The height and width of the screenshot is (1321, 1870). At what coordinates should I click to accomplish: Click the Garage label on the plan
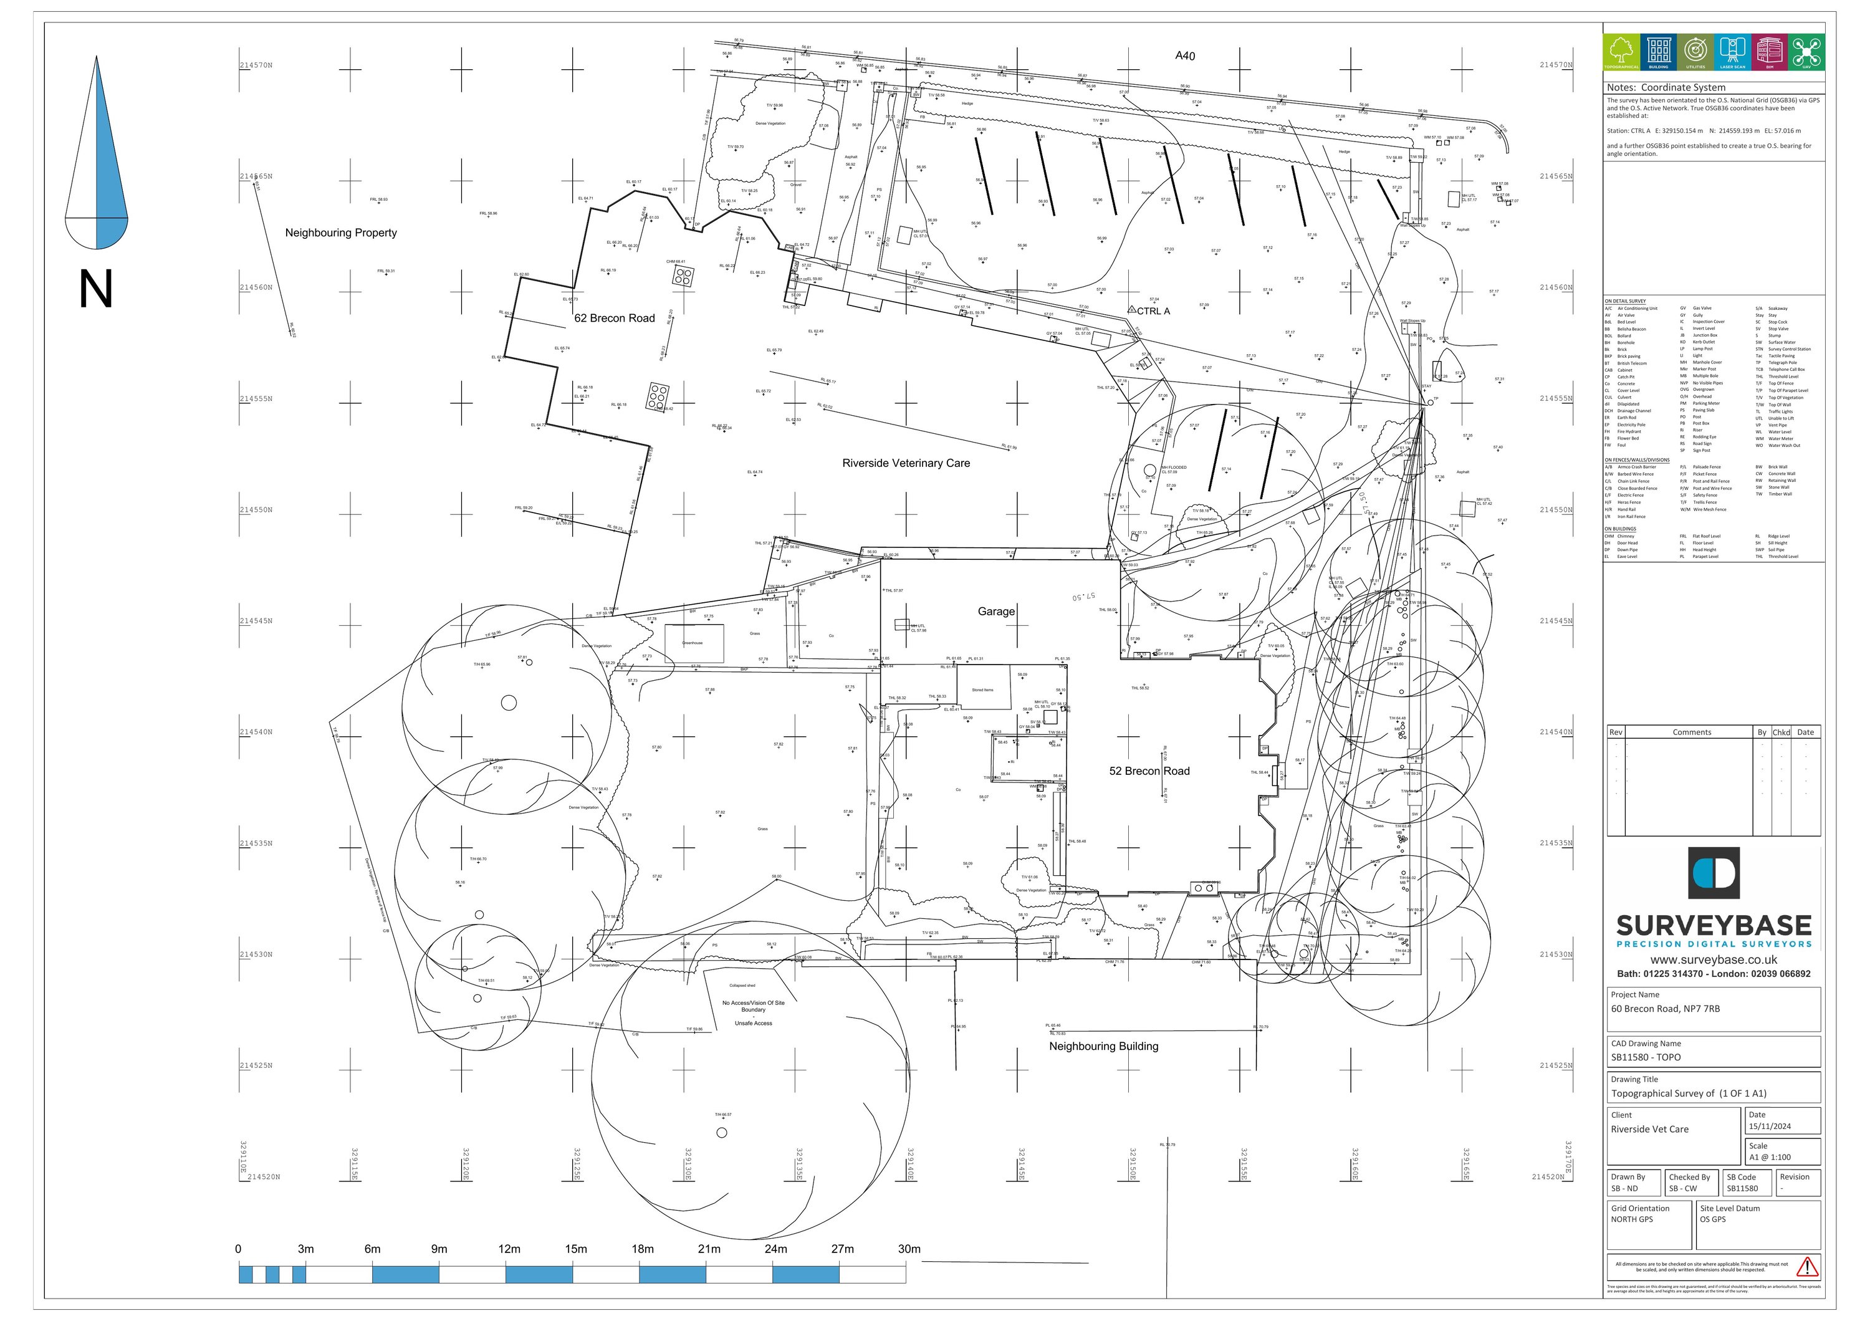996,612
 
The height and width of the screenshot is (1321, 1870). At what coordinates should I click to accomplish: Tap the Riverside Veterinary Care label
906,463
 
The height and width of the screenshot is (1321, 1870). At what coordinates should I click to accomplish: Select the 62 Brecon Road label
614,319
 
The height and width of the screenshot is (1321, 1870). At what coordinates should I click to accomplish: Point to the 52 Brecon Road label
1149,771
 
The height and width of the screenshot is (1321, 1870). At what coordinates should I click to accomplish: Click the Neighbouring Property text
340,233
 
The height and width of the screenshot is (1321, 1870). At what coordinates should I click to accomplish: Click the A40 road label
1185,56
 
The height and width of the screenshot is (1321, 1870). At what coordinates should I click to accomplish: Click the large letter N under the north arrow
95,289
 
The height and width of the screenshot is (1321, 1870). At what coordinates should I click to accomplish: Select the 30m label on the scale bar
909,1249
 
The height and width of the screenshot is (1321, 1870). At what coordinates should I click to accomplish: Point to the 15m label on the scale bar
575,1249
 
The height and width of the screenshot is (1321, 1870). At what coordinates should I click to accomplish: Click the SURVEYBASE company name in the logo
1714,926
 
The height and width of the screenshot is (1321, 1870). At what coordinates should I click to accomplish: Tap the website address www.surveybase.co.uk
1714,959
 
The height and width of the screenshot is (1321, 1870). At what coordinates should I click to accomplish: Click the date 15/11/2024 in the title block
1770,1127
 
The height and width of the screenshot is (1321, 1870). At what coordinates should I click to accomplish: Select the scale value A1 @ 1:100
1770,1157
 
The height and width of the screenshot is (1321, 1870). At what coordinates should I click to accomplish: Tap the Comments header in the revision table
1692,732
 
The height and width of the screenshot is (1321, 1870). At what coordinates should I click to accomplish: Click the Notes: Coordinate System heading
1666,88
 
